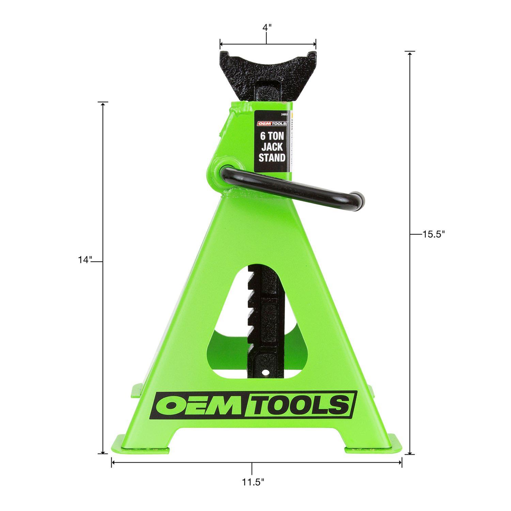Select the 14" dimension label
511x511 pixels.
(x=85, y=260)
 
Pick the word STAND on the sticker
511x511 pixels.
(x=272, y=157)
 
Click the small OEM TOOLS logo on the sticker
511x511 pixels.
(x=272, y=124)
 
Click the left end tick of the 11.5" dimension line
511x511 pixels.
(x=111, y=463)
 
